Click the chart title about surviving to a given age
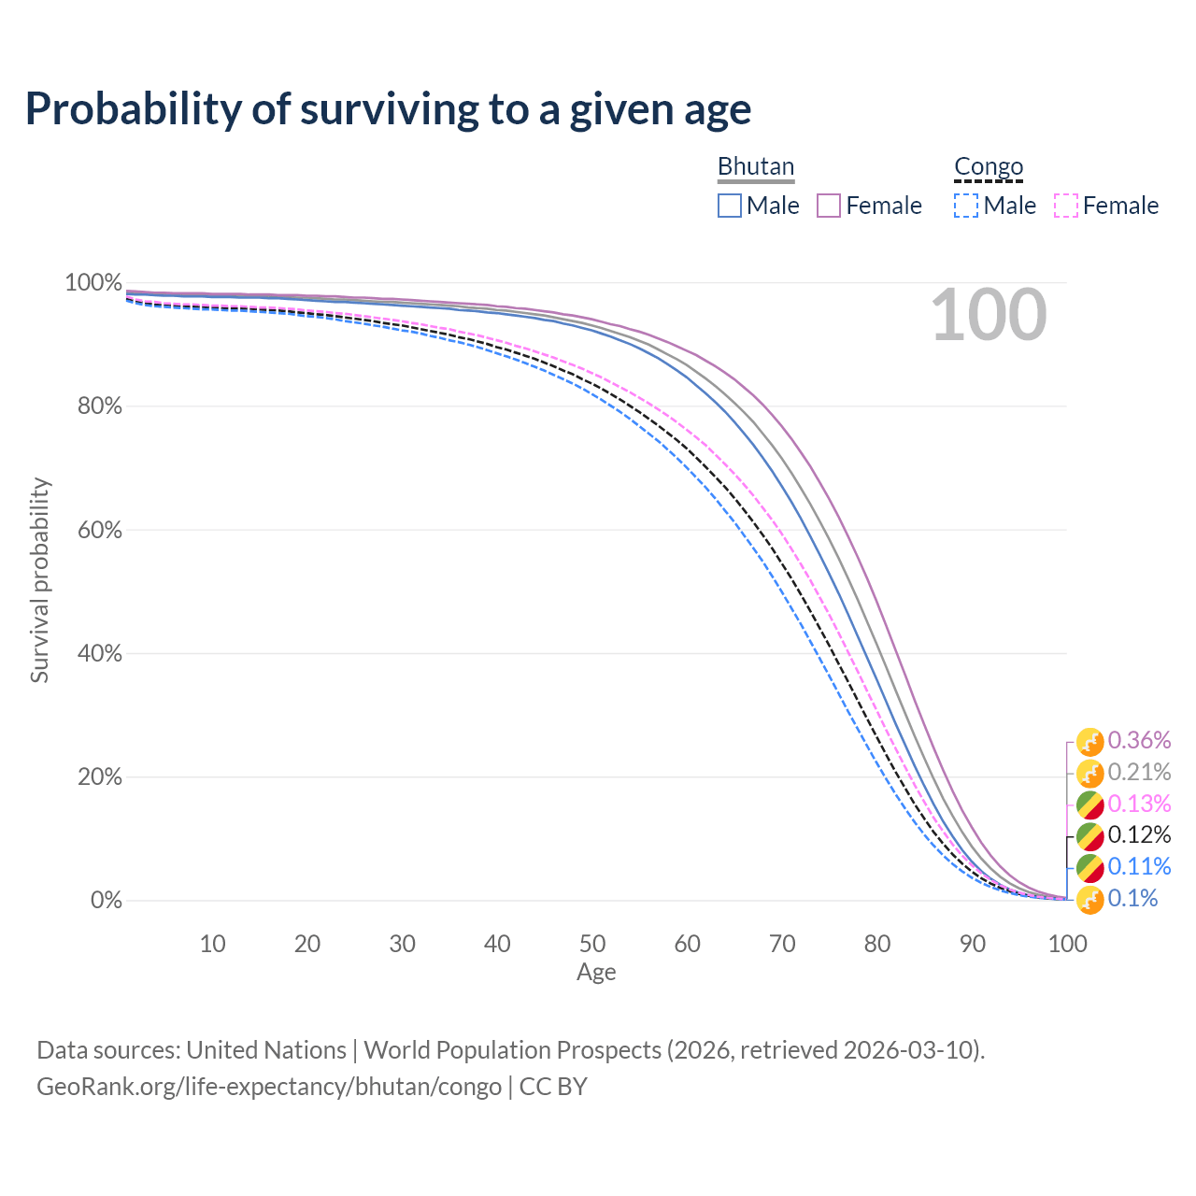[388, 109]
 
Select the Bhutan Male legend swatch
[730, 206]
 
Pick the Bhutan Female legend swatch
[829, 206]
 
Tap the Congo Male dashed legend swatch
[966, 206]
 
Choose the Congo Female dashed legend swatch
[1066, 206]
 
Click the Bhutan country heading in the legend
[755, 166]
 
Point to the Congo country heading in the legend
[989, 166]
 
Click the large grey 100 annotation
[989, 315]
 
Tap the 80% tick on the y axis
[93, 406]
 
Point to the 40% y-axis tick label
[93, 653]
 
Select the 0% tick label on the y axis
[106, 901]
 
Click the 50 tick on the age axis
[592, 944]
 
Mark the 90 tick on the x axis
[973, 944]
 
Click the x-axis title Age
[596, 973]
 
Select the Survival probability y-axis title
[39, 580]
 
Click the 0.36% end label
[1139, 741]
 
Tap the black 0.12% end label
[1139, 834]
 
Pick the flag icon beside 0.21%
[1089, 774]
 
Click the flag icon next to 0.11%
[1089, 868]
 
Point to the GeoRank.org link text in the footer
[269, 1087]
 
